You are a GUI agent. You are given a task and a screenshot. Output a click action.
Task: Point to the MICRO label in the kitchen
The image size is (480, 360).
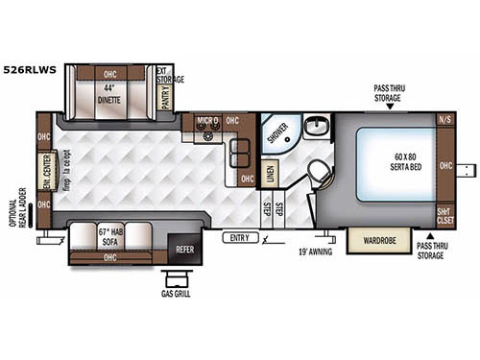point(209,122)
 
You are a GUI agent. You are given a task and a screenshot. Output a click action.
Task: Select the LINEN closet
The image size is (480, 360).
point(272,173)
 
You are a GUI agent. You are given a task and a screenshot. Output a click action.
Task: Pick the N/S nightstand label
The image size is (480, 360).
point(444,120)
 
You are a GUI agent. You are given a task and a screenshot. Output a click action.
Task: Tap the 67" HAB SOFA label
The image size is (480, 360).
point(112,235)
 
